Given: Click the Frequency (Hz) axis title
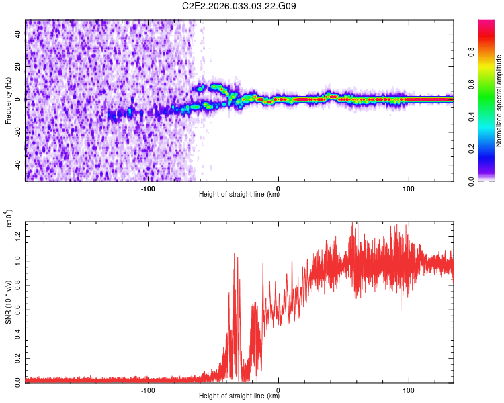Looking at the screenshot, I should (8, 101).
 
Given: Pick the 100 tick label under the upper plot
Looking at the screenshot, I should (408, 188).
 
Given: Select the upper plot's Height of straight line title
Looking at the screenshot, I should (239, 195).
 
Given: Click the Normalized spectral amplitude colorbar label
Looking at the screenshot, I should (499, 101).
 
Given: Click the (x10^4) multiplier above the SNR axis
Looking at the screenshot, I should (9, 219).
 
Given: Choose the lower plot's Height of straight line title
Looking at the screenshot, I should (239, 396).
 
